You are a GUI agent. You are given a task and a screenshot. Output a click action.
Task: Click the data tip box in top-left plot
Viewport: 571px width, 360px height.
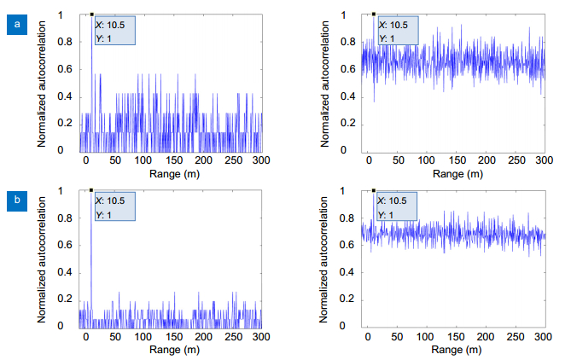(114, 31)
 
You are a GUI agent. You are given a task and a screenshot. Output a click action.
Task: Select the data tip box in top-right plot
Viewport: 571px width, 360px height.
(396, 31)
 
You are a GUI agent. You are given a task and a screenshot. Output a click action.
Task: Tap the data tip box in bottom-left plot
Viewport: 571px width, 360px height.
(114, 207)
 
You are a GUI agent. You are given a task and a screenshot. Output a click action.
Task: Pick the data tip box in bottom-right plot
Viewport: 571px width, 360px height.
(396, 207)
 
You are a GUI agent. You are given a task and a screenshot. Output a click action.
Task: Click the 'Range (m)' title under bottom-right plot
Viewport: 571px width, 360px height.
(454, 350)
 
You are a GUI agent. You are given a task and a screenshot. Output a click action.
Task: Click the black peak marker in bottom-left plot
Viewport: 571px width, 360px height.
(91, 190)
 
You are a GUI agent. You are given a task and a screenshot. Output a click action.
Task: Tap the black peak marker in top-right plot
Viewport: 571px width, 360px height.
(374, 14)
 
